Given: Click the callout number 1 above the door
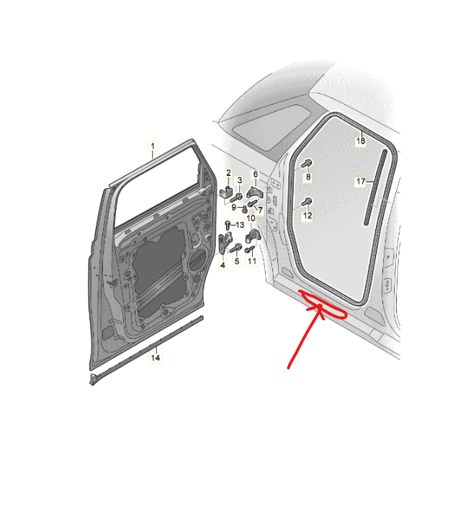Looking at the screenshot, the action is pyautogui.click(x=153, y=146).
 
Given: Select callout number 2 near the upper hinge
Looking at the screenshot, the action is pyautogui.click(x=228, y=173).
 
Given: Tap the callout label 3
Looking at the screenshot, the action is pyautogui.click(x=240, y=180).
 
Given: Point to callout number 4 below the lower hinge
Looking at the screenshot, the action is pyautogui.click(x=223, y=265).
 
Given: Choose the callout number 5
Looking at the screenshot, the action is pyautogui.click(x=237, y=261).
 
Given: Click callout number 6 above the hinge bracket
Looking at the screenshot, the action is pyautogui.click(x=256, y=174).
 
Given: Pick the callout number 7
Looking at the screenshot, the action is pyautogui.click(x=260, y=211).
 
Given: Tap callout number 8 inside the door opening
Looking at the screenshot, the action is pyautogui.click(x=308, y=177).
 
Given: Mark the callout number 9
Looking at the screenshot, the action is pyautogui.click(x=234, y=207).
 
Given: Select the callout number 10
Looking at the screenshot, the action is pyautogui.click(x=251, y=218).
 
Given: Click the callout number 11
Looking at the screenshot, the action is pyautogui.click(x=252, y=261).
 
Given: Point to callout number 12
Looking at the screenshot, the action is pyautogui.click(x=307, y=216).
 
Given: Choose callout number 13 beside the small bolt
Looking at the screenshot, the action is pyautogui.click(x=240, y=225).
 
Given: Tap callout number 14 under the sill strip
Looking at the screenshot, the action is pyautogui.click(x=156, y=358).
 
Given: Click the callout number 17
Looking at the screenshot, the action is pyautogui.click(x=361, y=181).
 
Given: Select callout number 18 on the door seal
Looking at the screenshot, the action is pyautogui.click(x=361, y=141).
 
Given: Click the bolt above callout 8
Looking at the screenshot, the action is pyautogui.click(x=307, y=163).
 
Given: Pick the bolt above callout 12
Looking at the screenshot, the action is pyautogui.click(x=306, y=202).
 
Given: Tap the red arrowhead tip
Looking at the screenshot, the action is pyautogui.click(x=320, y=306).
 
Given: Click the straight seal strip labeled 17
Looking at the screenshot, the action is pyautogui.click(x=376, y=187).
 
